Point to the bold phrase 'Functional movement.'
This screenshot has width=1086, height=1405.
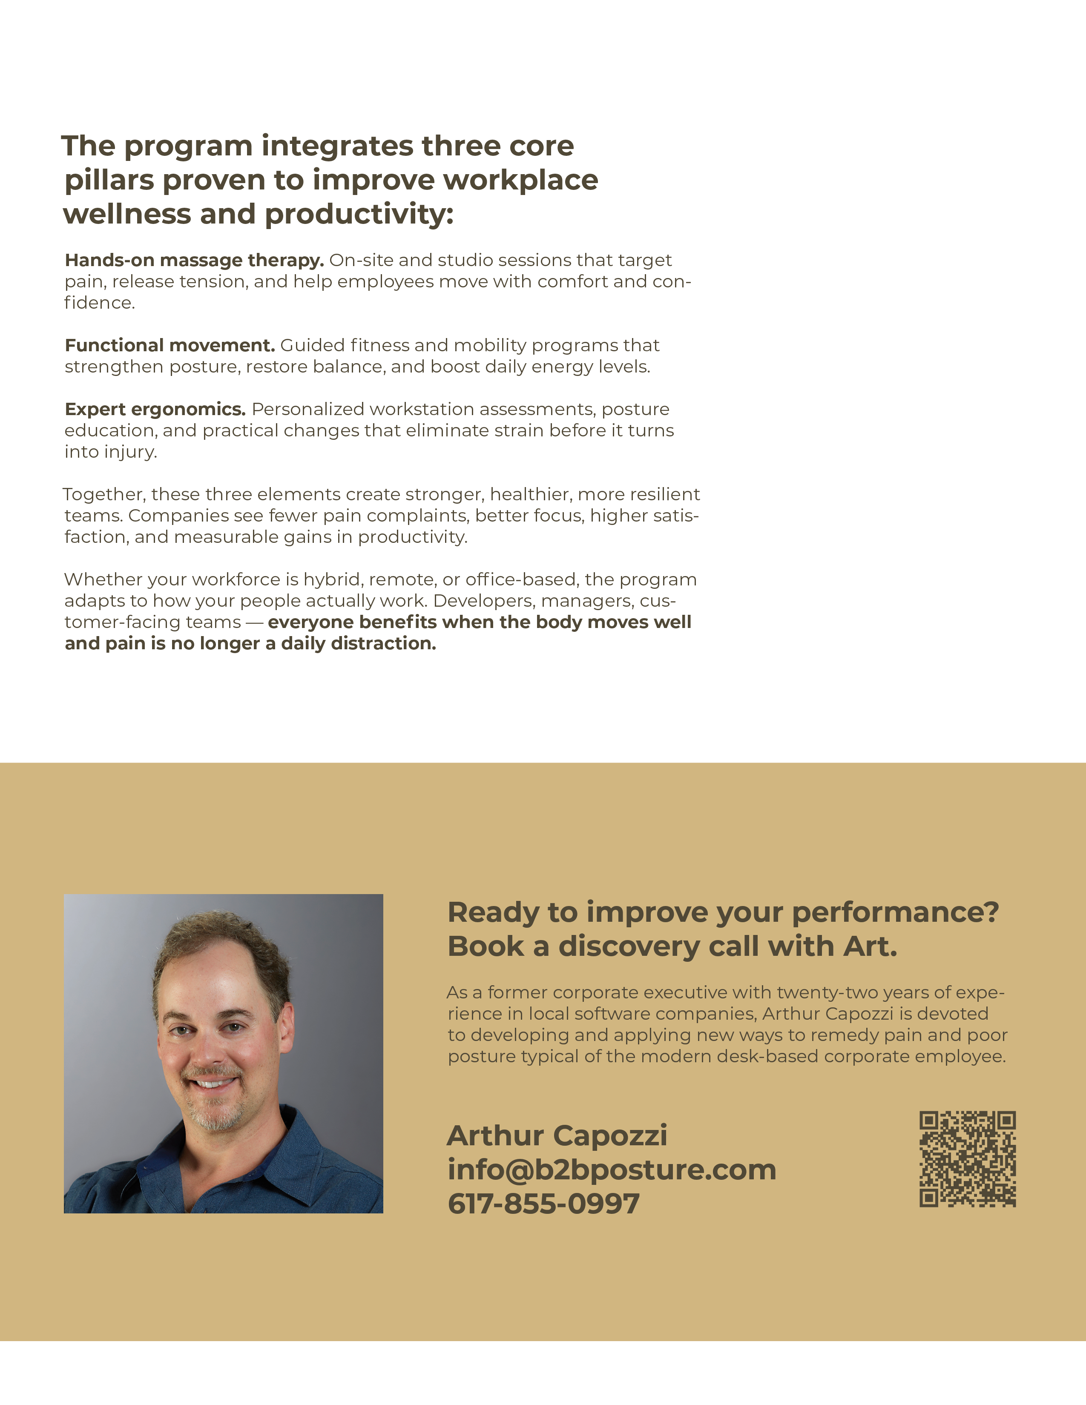(170, 345)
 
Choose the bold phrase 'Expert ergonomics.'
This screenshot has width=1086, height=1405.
(155, 409)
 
